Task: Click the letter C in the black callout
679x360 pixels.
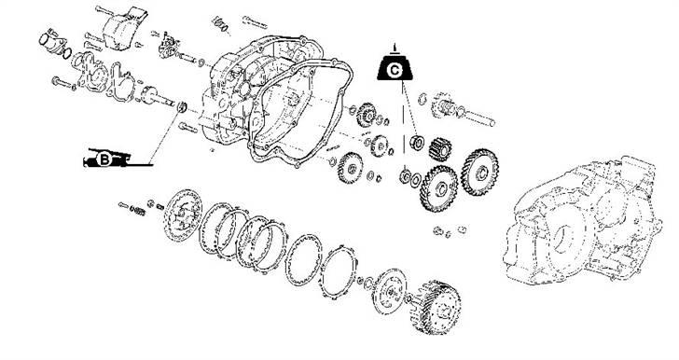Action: [394, 71]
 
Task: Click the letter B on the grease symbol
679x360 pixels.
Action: [104, 159]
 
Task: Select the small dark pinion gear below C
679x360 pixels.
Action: [440, 149]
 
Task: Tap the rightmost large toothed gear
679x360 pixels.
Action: [479, 172]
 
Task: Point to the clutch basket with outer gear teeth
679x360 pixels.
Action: [436, 307]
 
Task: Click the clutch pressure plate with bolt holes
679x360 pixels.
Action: [183, 215]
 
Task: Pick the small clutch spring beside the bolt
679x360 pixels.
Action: [138, 211]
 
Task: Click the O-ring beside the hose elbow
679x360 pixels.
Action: [67, 54]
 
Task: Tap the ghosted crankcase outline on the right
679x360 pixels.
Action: [583, 221]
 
